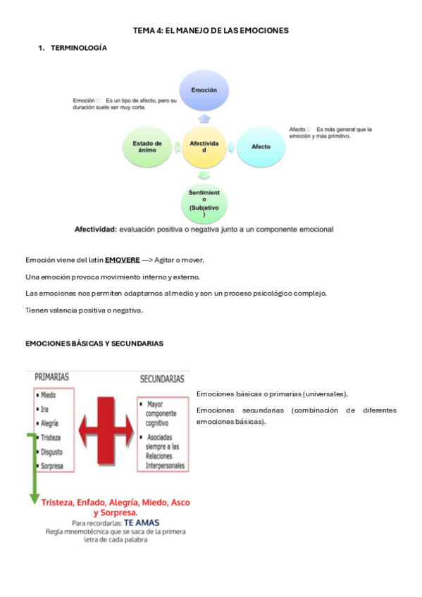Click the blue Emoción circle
(204, 91)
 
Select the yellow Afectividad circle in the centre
(204, 146)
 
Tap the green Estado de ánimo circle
(147, 146)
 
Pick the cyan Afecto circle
(261, 146)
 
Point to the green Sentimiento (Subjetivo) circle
(204, 202)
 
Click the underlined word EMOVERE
(122, 260)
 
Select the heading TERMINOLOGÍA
(79, 48)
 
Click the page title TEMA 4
(211, 30)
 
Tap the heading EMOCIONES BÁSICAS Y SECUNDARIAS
(94, 344)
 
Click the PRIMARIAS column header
(52, 377)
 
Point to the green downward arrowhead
(33, 498)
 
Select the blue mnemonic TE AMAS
(142, 524)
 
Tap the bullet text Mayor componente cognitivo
(163, 414)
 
